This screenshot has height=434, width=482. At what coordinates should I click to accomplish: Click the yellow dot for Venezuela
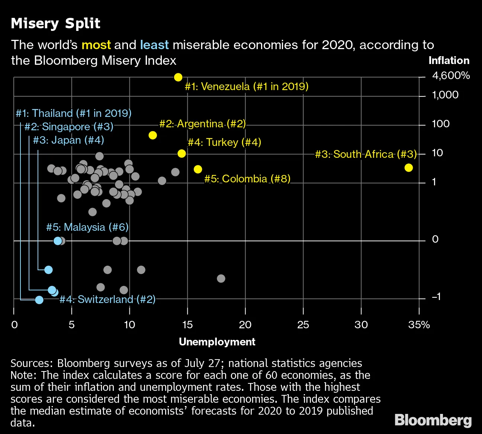coord(178,77)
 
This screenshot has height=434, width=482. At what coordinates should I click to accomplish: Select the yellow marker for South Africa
coord(408,167)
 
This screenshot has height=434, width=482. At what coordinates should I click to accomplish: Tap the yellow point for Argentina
coord(152,135)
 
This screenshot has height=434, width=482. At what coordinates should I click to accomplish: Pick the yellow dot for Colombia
coord(198,169)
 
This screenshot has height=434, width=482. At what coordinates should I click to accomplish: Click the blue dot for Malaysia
coord(58,241)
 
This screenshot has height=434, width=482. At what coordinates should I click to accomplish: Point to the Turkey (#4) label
coord(224,142)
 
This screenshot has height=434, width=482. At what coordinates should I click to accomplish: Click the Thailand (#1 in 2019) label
coord(74,113)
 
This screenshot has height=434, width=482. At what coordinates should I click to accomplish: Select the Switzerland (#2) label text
coord(107,299)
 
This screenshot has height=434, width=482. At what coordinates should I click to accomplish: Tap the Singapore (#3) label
coord(69,127)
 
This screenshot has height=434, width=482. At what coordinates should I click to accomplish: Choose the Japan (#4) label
coord(68,140)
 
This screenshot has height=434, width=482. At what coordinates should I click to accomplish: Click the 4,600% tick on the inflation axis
coord(451,76)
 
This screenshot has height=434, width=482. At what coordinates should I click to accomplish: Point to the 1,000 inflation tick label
coord(445,95)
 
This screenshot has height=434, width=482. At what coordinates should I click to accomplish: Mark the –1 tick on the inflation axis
coord(436,297)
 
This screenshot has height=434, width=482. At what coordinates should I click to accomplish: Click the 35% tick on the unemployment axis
coord(419,325)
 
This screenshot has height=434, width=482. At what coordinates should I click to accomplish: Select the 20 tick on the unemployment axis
coord(245,325)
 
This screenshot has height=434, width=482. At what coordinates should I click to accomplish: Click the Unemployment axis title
coord(217,342)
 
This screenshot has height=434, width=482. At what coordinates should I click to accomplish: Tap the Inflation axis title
coord(449,61)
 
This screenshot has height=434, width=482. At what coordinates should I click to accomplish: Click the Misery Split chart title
coord(56,23)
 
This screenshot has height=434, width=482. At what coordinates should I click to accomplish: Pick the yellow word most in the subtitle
coord(96,45)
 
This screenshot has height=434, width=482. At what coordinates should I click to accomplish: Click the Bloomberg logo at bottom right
coord(433,420)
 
